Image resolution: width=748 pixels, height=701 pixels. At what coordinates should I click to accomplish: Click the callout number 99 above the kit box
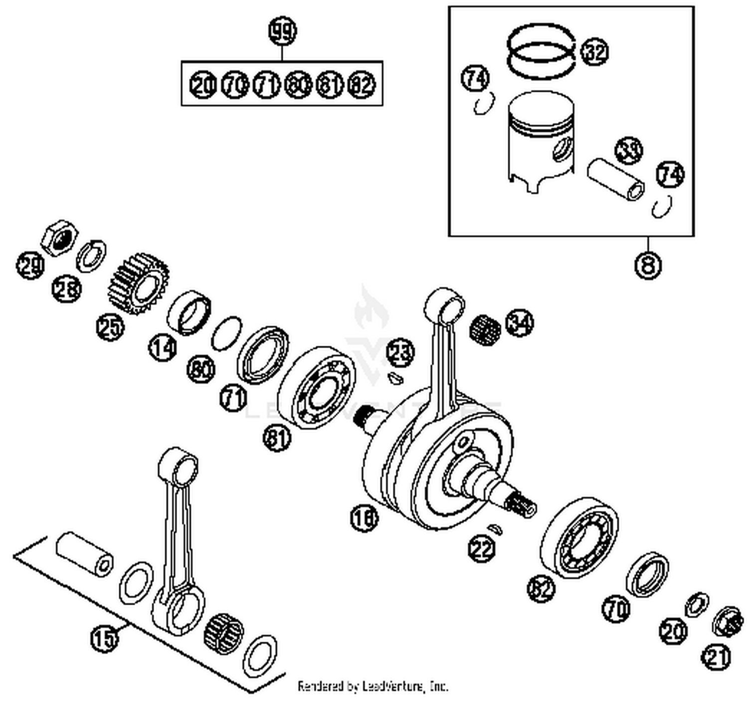[x=282, y=31]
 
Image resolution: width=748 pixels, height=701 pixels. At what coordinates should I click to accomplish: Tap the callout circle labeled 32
[x=594, y=51]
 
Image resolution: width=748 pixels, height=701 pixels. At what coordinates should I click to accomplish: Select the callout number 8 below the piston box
[x=648, y=264]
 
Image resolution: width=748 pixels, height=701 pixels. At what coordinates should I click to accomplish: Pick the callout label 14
[x=163, y=348]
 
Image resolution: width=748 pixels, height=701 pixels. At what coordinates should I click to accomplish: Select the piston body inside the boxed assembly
[x=541, y=141]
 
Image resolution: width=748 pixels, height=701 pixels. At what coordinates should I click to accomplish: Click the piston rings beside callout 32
[x=541, y=50]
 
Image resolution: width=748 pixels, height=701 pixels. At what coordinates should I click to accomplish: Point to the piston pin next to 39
[x=615, y=180]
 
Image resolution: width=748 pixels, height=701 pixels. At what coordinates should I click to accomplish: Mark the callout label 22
[x=482, y=549]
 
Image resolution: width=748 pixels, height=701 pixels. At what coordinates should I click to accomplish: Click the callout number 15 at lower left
[x=105, y=638]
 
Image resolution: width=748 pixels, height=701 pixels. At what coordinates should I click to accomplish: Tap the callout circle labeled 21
[x=716, y=657]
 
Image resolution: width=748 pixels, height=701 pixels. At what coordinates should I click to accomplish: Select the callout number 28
[x=67, y=289]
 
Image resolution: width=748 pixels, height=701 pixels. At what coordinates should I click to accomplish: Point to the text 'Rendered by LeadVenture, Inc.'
[x=373, y=687]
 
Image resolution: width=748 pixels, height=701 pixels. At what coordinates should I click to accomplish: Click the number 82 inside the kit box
[x=362, y=85]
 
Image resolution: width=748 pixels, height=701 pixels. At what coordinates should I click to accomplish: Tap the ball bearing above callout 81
[x=317, y=387]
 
